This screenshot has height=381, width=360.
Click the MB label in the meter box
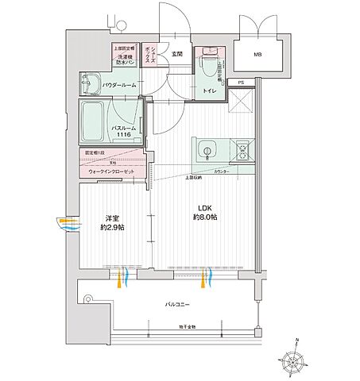pyautogui.click(x=257, y=55)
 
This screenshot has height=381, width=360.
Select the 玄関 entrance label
pyautogui.click(x=176, y=54)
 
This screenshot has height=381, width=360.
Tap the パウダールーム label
pyautogui.click(x=119, y=84)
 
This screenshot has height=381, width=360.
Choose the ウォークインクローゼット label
pyautogui.click(x=110, y=171)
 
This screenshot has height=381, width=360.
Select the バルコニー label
pyautogui.click(x=176, y=304)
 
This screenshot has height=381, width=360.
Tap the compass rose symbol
pyautogui.click(x=296, y=359)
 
